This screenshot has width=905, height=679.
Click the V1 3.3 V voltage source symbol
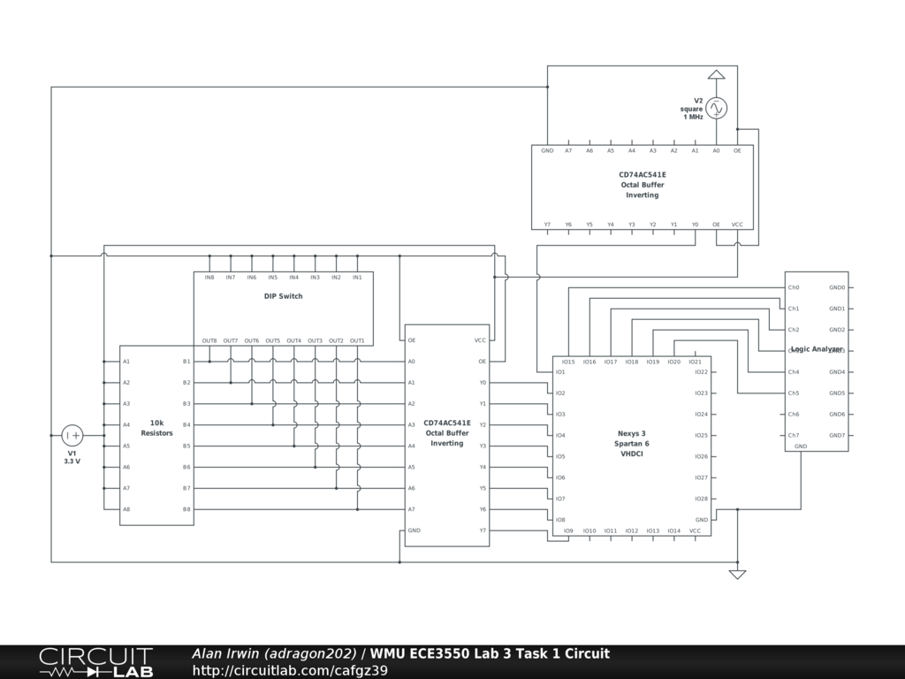coord(72,435)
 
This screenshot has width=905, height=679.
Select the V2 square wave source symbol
coord(716,108)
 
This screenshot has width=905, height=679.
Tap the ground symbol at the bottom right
coord(737,574)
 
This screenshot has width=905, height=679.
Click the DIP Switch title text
coord(283,296)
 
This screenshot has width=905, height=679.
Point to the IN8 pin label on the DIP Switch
coord(209,278)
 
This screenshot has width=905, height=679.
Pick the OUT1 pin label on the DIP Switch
coord(357,340)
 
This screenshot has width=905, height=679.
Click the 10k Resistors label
coord(156,428)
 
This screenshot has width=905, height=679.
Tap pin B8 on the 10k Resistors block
coord(186,509)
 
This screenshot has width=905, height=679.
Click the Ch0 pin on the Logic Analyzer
coord(794,287)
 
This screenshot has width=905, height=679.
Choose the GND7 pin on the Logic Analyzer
coord(837,435)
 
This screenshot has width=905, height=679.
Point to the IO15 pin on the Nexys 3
coord(568,362)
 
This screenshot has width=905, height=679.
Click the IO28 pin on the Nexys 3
coord(701,499)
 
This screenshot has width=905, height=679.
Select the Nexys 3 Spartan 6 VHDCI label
coord(633,443)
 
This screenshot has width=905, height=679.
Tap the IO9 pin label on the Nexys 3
coord(568,530)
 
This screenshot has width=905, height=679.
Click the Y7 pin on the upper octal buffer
coord(547,225)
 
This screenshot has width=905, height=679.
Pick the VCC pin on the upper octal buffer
coord(737,225)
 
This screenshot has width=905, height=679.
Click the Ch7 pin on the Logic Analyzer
coord(794,435)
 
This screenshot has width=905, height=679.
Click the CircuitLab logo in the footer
coord(95,662)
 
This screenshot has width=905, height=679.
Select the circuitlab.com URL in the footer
coord(290,670)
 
